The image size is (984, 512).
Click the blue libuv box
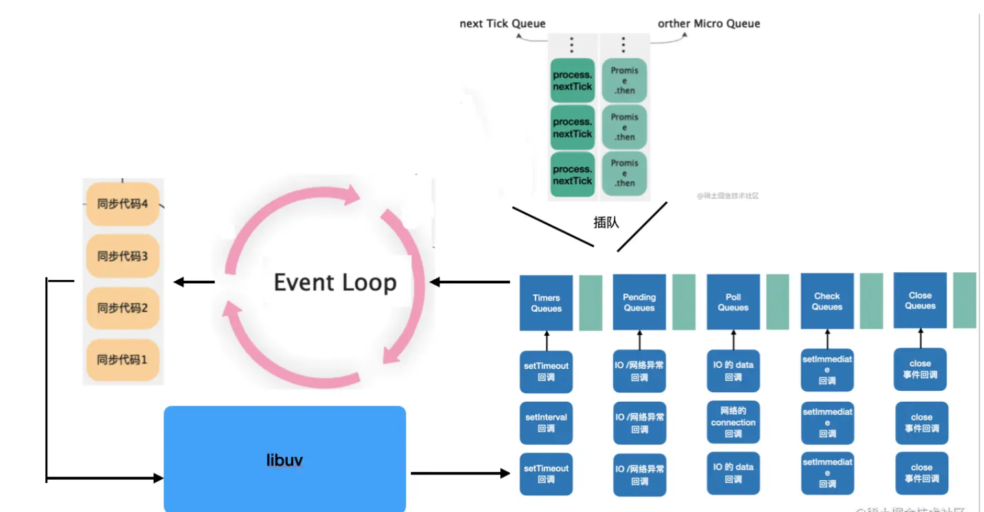pyautogui.click(x=285, y=459)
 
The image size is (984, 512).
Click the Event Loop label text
pyautogui.click(x=335, y=283)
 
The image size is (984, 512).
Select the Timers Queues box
pyautogui.click(x=546, y=303)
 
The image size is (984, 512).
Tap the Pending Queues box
pyautogui.click(x=639, y=303)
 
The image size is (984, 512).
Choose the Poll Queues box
pyautogui.click(x=733, y=303)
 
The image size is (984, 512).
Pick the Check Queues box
pyautogui.click(x=827, y=301)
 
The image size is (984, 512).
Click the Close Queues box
pyautogui.click(x=920, y=301)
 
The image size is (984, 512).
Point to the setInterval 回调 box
pyautogui.click(x=546, y=423)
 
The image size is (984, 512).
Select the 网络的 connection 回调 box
pyautogui.click(x=733, y=422)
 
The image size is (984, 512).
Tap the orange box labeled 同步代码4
pyautogui.click(x=123, y=204)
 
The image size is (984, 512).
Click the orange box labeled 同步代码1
pyautogui.click(x=123, y=360)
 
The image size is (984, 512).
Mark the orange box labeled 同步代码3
pyautogui.click(x=123, y=256)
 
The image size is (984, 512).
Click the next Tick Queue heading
pyautogui.click(x=502, y=23)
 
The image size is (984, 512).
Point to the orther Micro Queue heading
pyautogui.click(x=709, y=23)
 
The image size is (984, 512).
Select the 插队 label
pyautogui.click(x=606, y=222)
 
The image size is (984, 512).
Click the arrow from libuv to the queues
pyautogui.click(x=460, y=473)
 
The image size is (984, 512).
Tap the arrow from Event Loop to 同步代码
pyautogui.click(x=194, y=282)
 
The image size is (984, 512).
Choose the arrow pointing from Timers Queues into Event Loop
pyautogui.click(x=470, y=282)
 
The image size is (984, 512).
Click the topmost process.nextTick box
pyautogui.click(x=572, y=81)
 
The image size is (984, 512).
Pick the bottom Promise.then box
pyautogui.click(x=624, y=173)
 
